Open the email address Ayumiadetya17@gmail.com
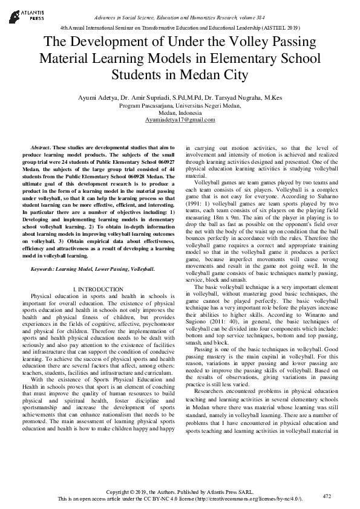coord(180,120)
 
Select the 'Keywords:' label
coord(44,268)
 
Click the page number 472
coord(326,496)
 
